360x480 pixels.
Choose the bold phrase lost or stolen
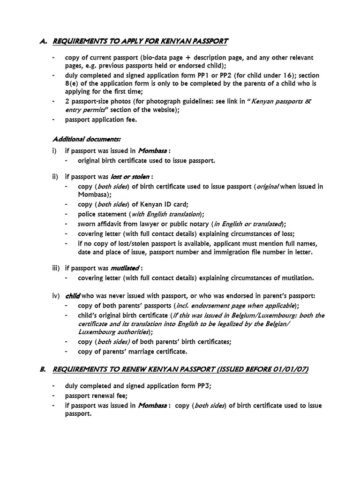coord(130,177)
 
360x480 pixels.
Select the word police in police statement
coord(87,214)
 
